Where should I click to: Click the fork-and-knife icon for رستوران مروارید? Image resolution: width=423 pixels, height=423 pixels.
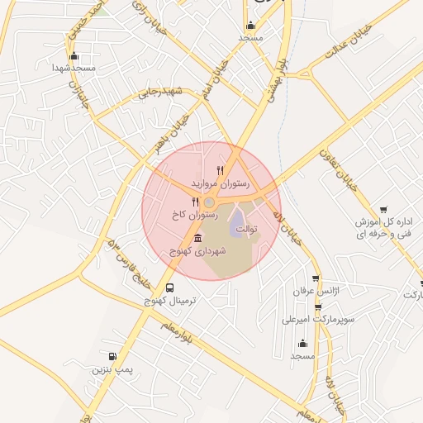click(220, 170)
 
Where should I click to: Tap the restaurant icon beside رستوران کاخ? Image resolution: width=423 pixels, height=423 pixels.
click(195, 201)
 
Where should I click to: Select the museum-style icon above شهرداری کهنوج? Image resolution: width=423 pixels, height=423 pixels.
click(196, 238)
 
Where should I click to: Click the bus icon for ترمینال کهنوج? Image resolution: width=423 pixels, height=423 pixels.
click(169, 288)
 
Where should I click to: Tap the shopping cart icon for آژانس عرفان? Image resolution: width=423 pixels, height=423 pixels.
click(315, 278)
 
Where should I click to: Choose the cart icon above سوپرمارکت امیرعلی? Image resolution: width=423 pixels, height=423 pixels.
click(318, 307)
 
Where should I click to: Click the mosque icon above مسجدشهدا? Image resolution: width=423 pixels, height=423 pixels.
click(74, 55)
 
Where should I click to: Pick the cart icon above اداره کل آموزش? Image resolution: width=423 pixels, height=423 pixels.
click(383, 211)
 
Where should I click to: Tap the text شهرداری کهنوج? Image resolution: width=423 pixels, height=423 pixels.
click(192, 250)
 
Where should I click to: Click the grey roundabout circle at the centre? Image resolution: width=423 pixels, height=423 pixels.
click(210, 202)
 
